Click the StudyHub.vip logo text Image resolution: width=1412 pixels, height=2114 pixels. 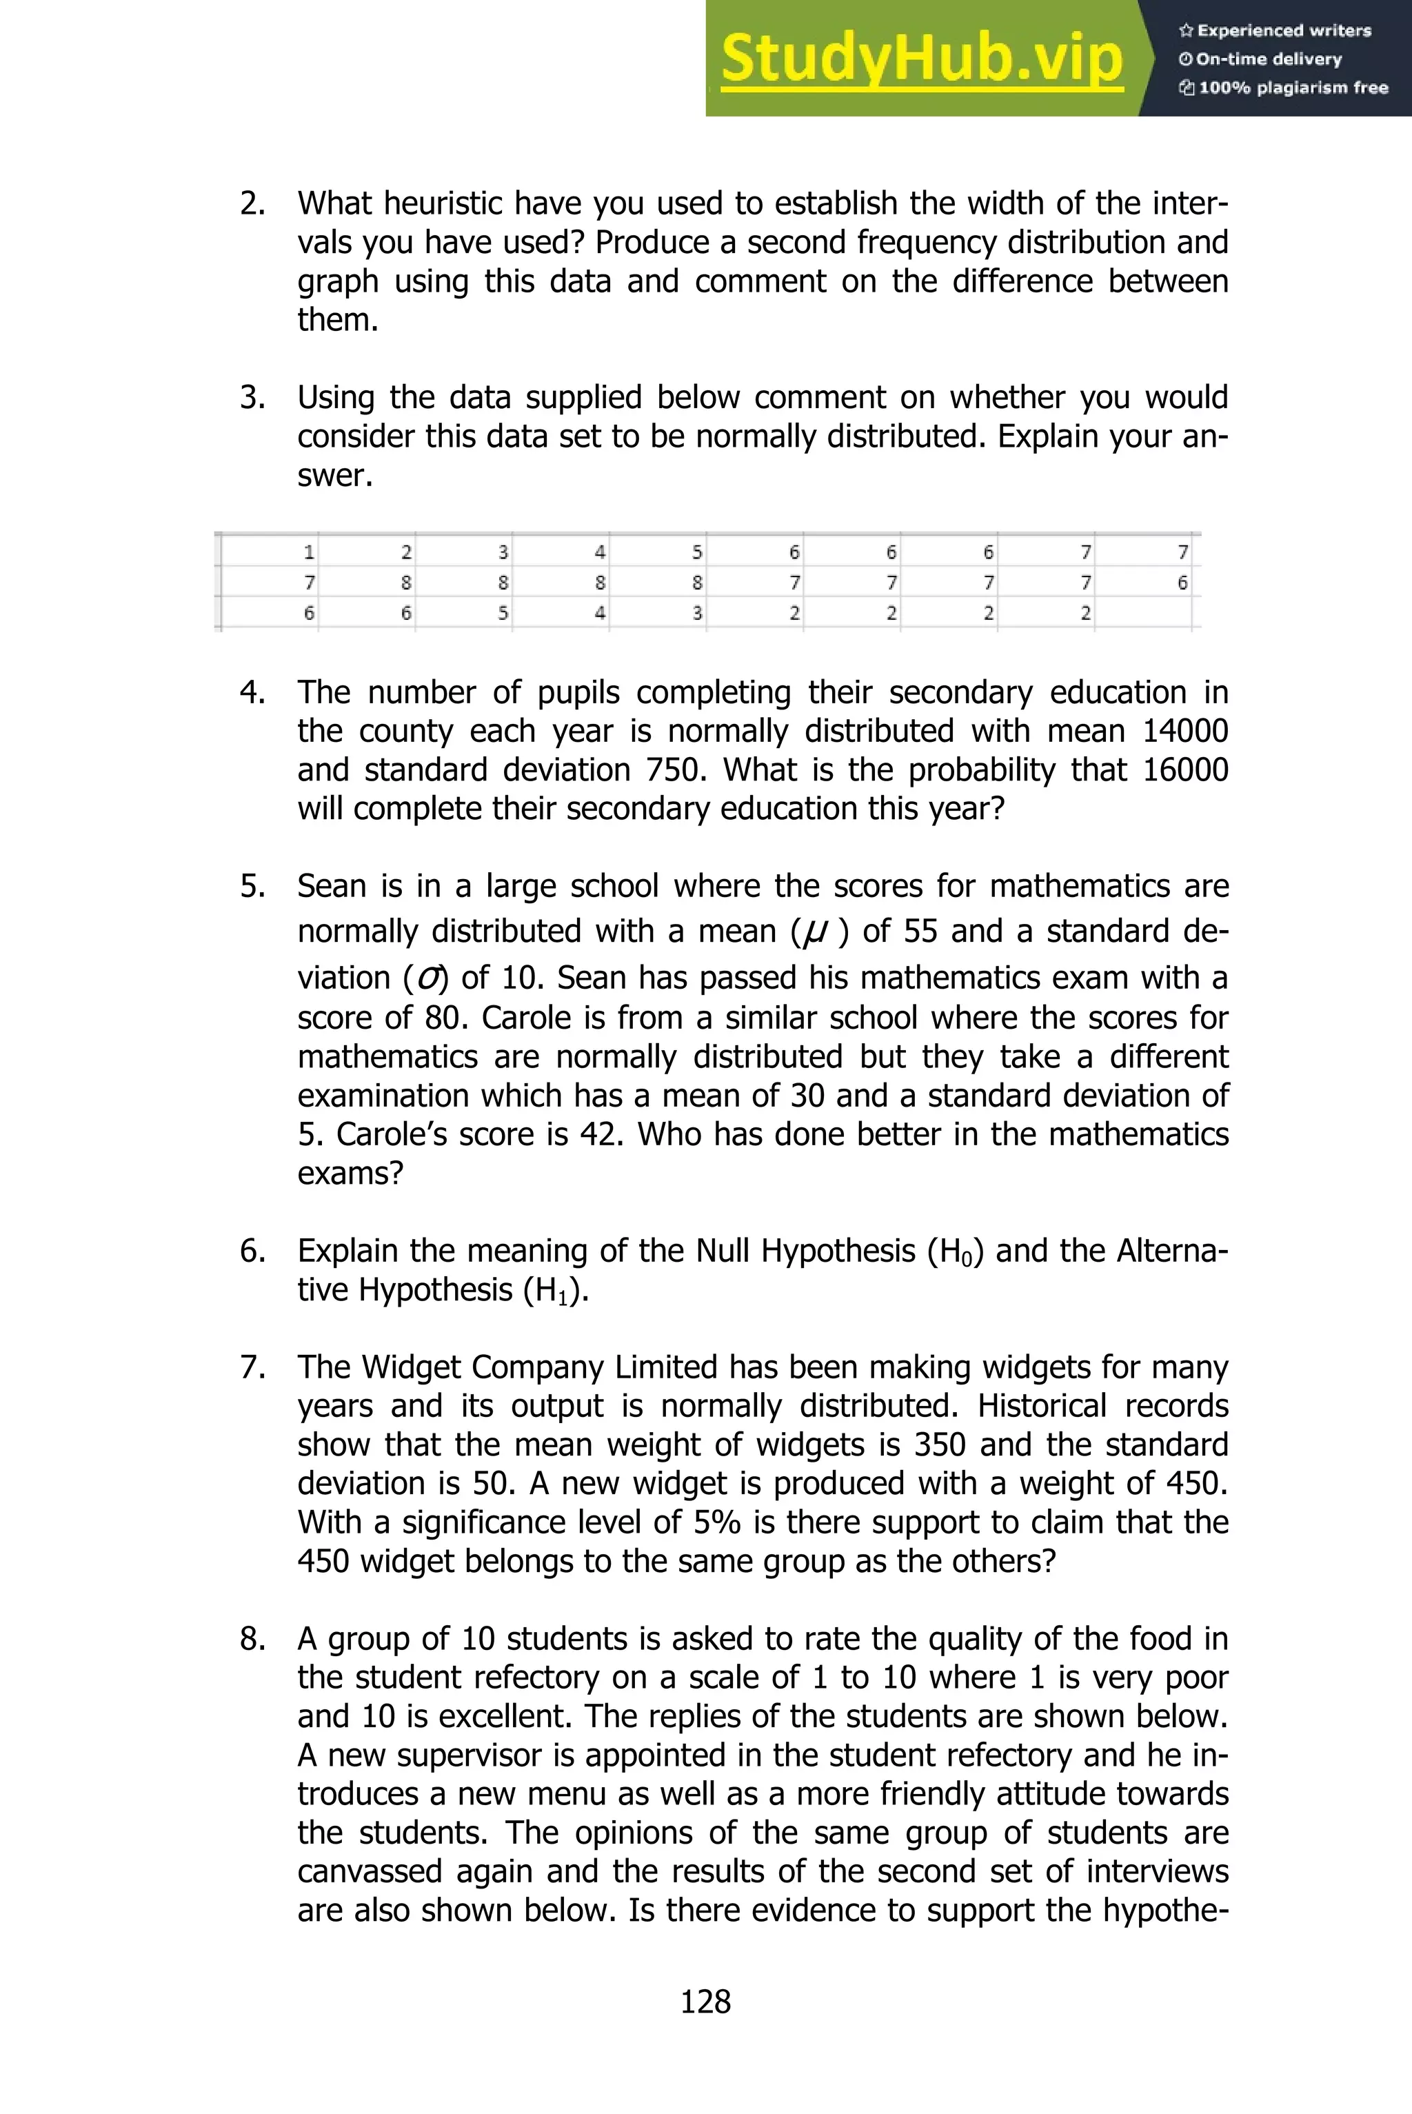(921, 59)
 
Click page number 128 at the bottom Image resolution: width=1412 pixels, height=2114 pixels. (705, 2002)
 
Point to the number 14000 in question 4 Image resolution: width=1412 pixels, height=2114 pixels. (1184, 731)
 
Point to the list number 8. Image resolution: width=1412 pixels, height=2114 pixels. (252, 1639)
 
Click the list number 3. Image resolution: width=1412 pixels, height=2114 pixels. (252, 397)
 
